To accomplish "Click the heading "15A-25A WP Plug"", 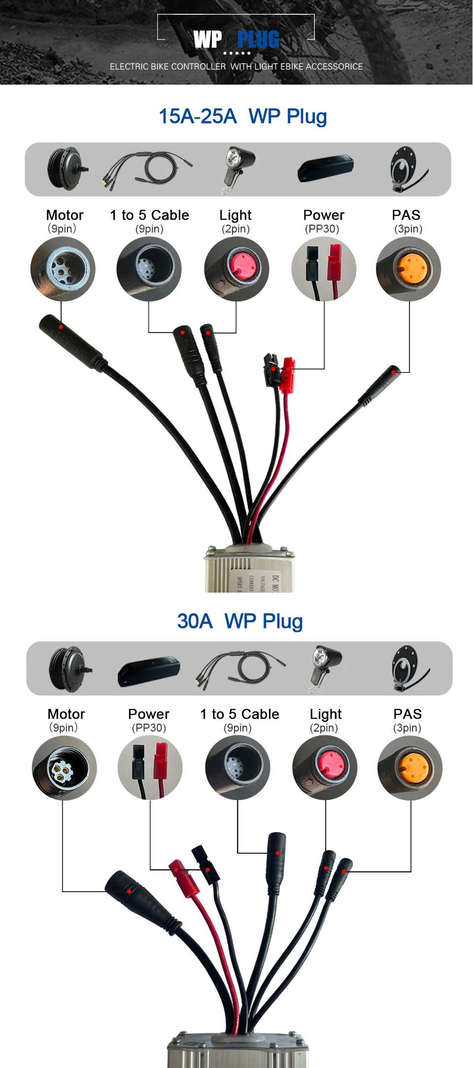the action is click(x=242, y=117).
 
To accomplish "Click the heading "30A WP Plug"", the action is click(x=239, y=622).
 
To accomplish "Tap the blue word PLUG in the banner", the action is click(x=258, y=40).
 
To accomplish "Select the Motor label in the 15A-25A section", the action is click(x=65, y=215).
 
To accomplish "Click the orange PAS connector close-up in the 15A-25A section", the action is click(x=408, y=269).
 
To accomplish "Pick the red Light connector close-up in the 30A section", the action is click(x=325, y=768).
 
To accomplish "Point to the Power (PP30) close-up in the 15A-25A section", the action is click(x=324, y=269).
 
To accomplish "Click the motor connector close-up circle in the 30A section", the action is click(x=64, y=768).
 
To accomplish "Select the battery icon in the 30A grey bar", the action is click(x=149, y=671).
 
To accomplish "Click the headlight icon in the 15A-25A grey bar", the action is click(x=238, y=169).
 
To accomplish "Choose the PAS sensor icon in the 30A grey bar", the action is click(x=409, y=668).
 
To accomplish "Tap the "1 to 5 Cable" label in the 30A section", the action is click(x=239, y=714).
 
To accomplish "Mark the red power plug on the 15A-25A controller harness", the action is click(x=287, y=374).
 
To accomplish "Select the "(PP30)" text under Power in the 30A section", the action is click(x=149, y=728).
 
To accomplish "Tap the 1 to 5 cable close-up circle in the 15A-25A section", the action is click(x=149, y=269).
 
